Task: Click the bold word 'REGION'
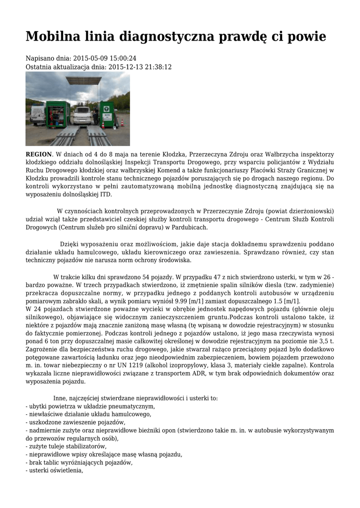pyautogui.click(x=39, y=154)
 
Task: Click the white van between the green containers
pyautogui.click(x=82, y=115)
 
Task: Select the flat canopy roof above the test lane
pyautogui.click(x=83, y=80)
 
